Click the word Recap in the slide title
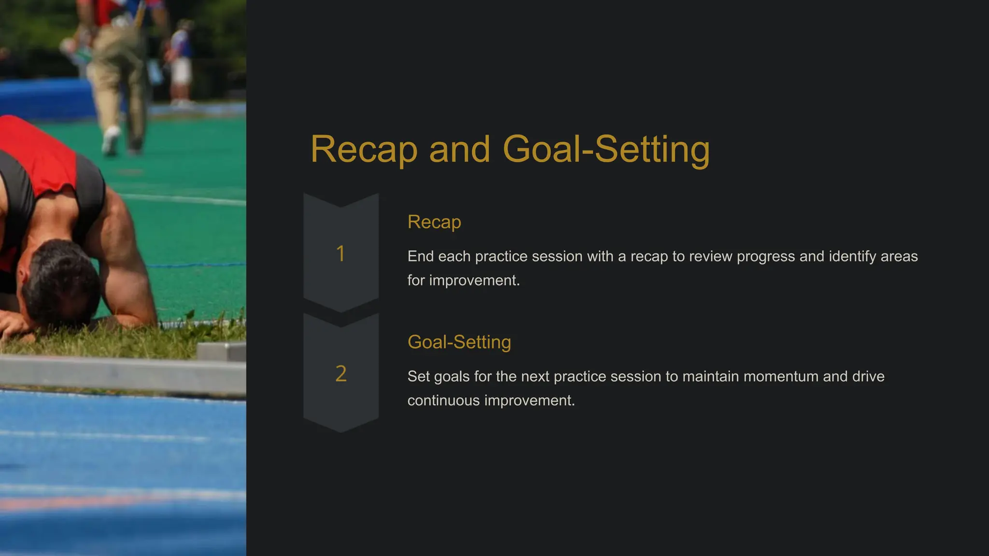click(363, 150)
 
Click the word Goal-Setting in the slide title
click(606, 150)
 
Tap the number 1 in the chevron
click(340, 254)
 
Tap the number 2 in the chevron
click(341, 374)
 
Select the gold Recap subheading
click(434, 222)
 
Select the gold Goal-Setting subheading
click(459, 342)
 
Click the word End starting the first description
click(420, 257)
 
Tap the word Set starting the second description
click(418, 376)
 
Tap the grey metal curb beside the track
click(121, 374)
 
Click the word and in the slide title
click(459, 150)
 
